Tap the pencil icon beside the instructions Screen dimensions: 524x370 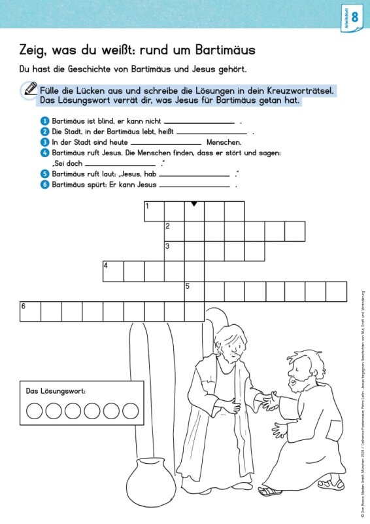(x=29, y=89)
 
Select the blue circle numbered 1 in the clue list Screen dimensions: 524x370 (x=44, y=121)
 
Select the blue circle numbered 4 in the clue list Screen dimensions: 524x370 (x=44, y=153)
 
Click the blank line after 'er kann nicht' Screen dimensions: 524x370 (x=199, y=122)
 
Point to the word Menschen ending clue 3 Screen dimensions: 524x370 (x=224, y=142)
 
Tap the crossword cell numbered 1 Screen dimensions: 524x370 (x=154, y=212)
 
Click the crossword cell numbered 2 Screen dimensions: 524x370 (x=174, y=231)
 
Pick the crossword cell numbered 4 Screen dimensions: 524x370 (x=113, y=271)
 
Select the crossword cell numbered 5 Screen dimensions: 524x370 (x=194, y=291)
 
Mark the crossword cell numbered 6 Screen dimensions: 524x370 (x=31, y=312)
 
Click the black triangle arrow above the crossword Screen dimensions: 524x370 (x=194, y=204)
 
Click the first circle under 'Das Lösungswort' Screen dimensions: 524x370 (x=35, y=411)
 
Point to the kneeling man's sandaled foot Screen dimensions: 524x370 (x=269, y=490)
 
